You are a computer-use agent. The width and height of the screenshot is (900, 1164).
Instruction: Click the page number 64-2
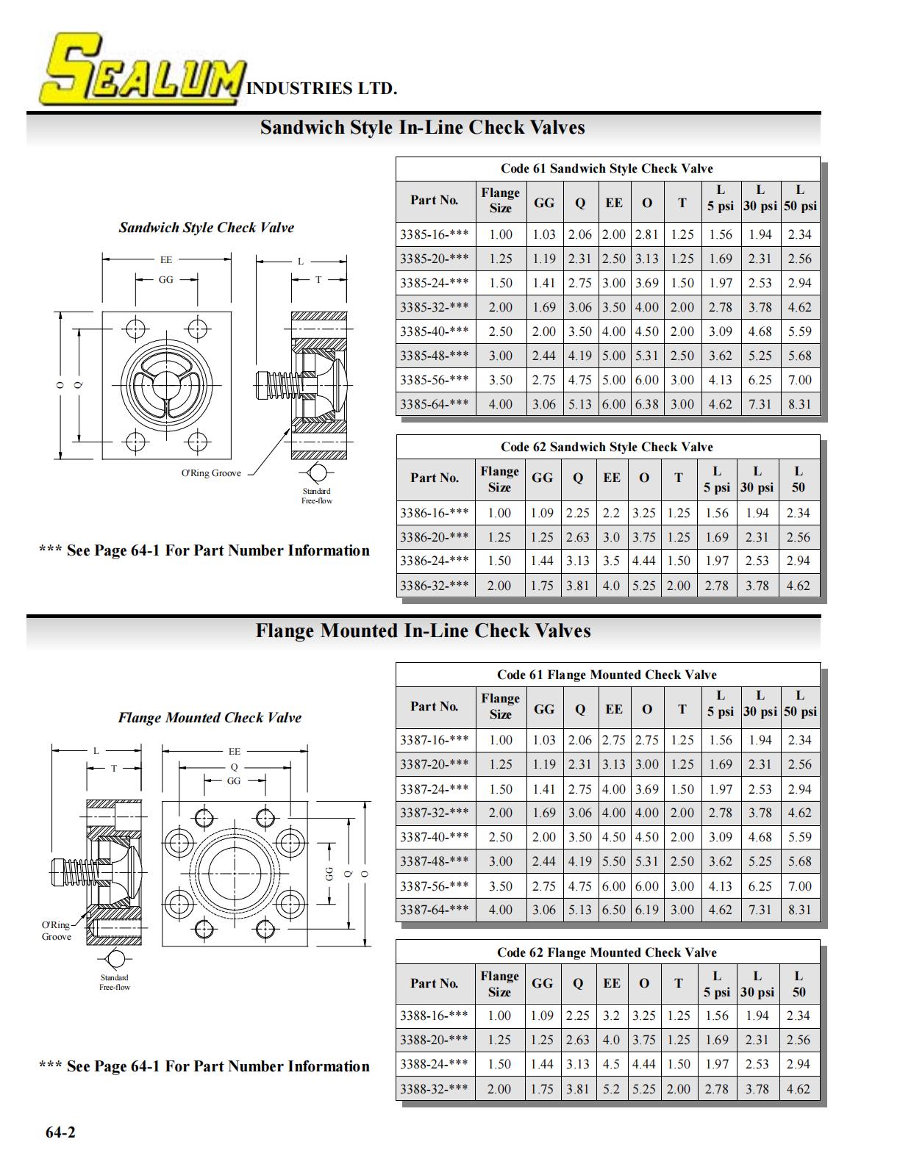60,1132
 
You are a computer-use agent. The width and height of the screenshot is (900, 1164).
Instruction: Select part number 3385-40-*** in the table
434,331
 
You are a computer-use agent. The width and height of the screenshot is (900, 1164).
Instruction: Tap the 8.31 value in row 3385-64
799,404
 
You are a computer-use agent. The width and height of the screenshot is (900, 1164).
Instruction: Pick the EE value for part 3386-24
611,561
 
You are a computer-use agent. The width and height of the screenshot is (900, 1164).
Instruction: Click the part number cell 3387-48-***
434,861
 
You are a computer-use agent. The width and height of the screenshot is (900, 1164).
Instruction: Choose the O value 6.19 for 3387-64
647,909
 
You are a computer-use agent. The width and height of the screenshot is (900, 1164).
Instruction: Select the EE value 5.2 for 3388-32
611,1088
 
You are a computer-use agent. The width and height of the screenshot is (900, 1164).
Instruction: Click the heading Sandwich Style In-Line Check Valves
422,127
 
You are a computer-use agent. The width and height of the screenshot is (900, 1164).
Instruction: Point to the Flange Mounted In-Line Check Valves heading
423,630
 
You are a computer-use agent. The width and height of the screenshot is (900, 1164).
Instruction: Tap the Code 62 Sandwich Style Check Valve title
607,447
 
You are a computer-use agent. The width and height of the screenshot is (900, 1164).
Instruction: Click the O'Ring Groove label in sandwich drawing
210,473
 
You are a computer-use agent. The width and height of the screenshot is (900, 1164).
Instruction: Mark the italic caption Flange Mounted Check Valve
210,717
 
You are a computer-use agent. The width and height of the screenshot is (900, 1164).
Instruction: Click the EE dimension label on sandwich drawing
166,260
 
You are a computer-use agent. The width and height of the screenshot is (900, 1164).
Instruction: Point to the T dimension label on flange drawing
114,768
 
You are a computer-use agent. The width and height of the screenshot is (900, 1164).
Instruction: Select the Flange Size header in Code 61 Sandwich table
500,201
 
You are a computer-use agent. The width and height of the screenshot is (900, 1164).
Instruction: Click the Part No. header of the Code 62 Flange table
434,983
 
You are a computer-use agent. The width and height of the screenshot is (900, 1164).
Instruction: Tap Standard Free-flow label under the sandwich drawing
317,495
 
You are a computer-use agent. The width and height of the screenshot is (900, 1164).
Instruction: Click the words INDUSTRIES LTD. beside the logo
321,88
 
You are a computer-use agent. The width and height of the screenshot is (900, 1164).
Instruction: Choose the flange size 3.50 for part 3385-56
500,380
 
